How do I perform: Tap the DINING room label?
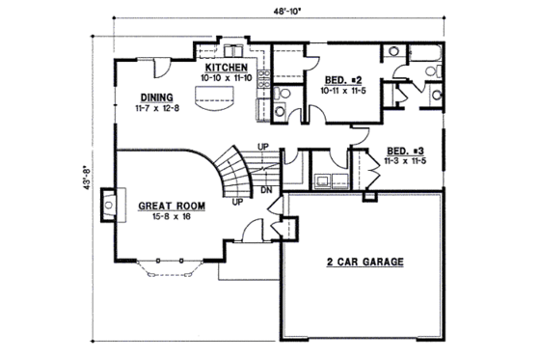(x=156, y=97)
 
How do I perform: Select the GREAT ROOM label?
(x=170, y=206)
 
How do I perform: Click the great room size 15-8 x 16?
(x=172, y=216)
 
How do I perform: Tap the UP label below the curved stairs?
(x=236, y=204)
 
